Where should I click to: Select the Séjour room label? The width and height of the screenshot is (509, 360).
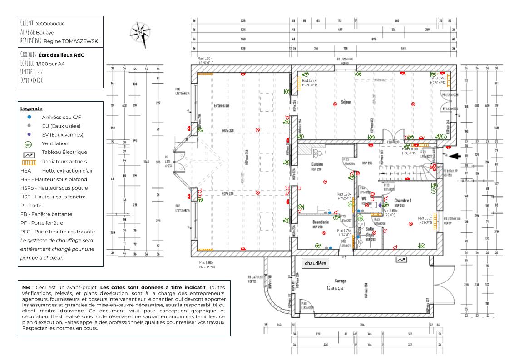pyautogui.click(x=346, y=102)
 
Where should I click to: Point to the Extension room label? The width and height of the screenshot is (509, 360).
pyautogui.click(x=221, y=105)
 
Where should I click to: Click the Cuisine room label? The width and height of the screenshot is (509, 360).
pyautogui.click(x=317, y=164)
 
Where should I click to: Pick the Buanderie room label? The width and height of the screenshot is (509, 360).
pyautogui.click(x=321, y=222)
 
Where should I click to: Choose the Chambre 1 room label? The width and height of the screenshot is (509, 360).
pyautogui.click(x=403, y=200)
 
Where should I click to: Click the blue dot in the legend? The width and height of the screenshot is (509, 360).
pyautogui.click(x=29, y=117)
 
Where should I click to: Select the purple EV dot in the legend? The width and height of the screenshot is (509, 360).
pyautogui.click(x=29, y=135)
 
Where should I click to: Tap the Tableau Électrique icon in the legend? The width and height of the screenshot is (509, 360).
pyautogui.click(x=29, y=153)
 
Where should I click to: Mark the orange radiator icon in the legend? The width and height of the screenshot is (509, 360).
pyautogui.click(x=29, y=162)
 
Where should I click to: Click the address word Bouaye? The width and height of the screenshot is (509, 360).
pyautogui.click(x=45, y=32)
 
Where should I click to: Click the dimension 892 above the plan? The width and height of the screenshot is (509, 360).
pyautogui.click(x=374, y=39)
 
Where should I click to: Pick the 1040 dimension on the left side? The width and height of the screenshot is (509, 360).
pyautogui.click(x=146, y=161)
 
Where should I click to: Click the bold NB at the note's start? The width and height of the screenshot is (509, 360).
pyautogui.click(x=25, y=287)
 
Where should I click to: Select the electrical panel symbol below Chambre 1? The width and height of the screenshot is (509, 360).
pyautogui.click(x=401, y=260)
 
